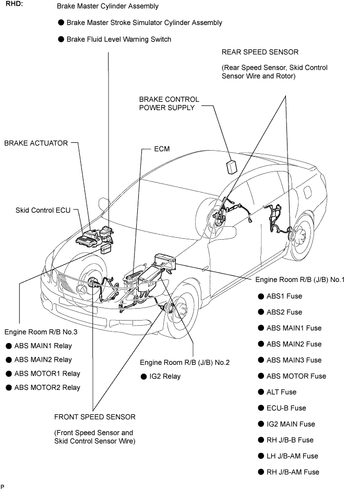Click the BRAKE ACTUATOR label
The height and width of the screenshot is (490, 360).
(36, 143)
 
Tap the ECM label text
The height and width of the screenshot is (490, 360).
(162, 149)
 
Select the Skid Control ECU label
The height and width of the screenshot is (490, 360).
(43, 210)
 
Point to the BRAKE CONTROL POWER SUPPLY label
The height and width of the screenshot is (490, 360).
(169, 103)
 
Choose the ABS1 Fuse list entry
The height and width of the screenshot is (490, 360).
(284, 296)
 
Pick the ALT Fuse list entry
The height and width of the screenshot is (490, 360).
(281, 392)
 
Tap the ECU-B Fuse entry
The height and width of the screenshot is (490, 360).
(286, 408)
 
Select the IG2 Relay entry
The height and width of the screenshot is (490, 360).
(165, 376)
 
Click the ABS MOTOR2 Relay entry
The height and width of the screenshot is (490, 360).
(47, 387)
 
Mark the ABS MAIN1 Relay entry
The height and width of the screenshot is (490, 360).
(43, 346)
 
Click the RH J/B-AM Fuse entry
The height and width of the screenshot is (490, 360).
(293, 472)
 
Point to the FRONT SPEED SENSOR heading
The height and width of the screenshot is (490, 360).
(95, 417)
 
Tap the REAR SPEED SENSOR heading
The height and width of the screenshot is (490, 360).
(260, 52)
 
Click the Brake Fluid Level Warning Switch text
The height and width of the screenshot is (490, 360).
(119, 40)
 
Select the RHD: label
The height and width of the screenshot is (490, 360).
(15, 4)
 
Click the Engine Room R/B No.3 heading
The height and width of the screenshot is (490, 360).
(41, 332)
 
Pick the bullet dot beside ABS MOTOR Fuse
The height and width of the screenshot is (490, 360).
(261, 376)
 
